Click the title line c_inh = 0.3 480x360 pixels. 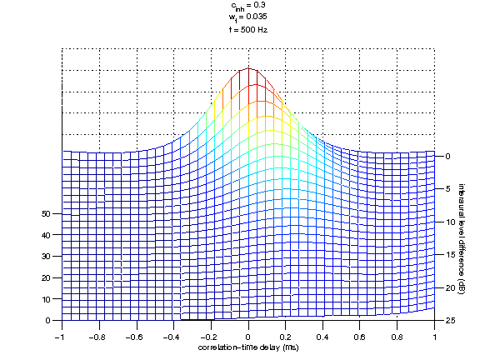(249, 6)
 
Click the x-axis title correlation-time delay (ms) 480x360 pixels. (247, 346)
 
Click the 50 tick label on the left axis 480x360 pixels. (47, 214)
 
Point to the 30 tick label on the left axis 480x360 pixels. (47, 257)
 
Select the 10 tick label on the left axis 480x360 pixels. (47, 299)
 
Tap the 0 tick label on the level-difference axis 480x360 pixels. (447, 156)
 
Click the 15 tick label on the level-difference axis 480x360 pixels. (449, 254)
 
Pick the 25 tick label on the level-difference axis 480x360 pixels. (449, 320)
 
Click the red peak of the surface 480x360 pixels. (248, 71)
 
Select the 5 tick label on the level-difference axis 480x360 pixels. (447, 189)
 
